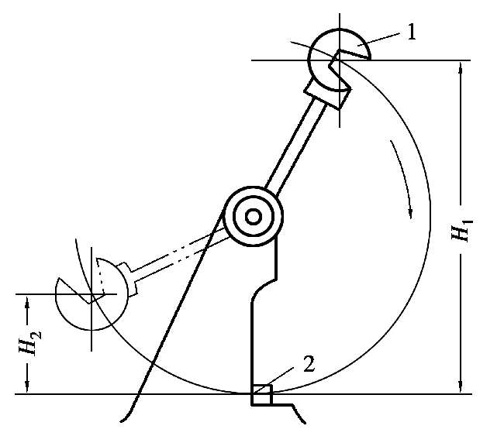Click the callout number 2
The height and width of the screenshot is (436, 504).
[x=309, y=362]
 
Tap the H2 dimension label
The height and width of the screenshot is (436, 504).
[x=28, y=342]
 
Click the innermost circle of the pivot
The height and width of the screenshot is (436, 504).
[x=253, y=216]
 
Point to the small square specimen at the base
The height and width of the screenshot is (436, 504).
[x=261, y=395]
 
